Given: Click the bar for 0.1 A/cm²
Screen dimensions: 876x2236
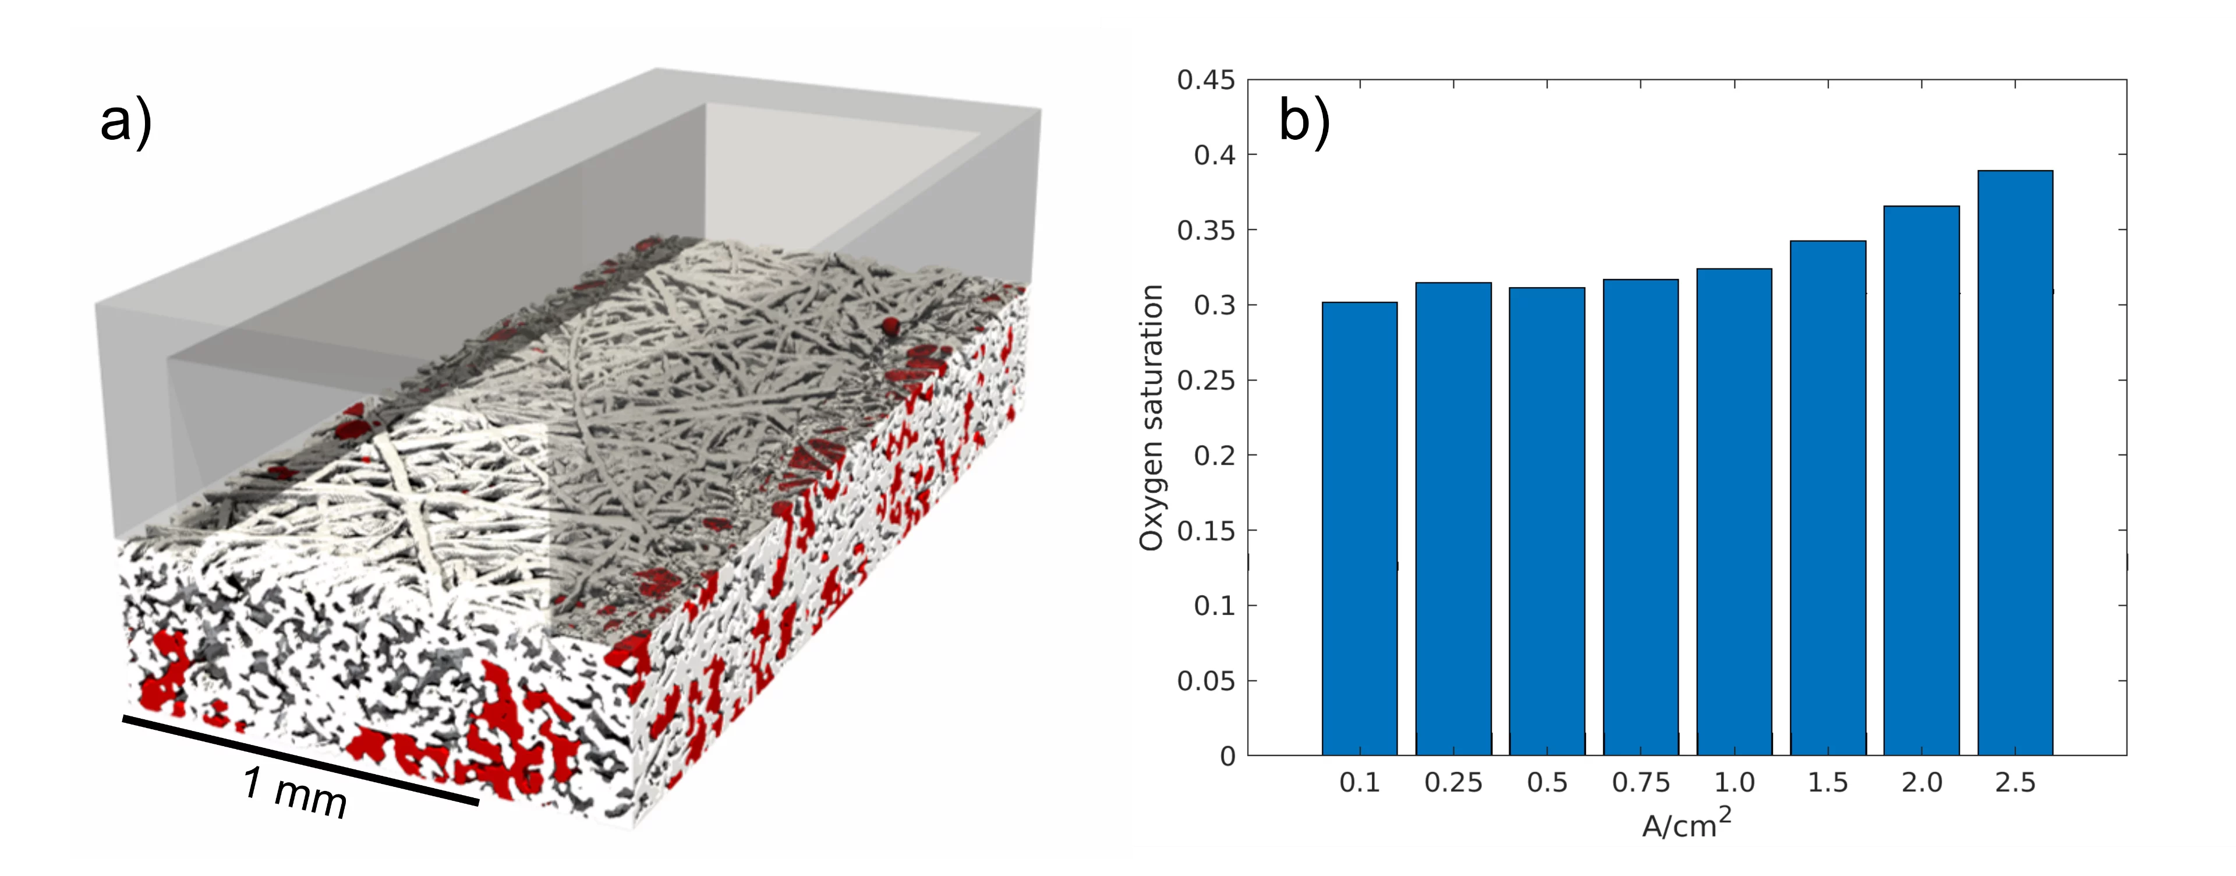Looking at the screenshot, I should click(1359, 529).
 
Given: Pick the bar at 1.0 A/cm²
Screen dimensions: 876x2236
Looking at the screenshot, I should click(1734, 512).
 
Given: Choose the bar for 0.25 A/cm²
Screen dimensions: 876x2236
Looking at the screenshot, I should click(1453, 519).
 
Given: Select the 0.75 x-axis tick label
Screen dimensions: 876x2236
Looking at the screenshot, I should click(1640, 783).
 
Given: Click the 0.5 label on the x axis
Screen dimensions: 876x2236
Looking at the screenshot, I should click(1547, 783).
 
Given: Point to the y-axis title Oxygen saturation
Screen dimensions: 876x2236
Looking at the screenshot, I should click(1151, 416).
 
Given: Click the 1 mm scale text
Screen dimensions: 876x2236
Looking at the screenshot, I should click(295, 792).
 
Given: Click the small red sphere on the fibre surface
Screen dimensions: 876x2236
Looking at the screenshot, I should click(890, 326).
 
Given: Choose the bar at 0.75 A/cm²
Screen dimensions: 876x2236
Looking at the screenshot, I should click(1640, 517).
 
